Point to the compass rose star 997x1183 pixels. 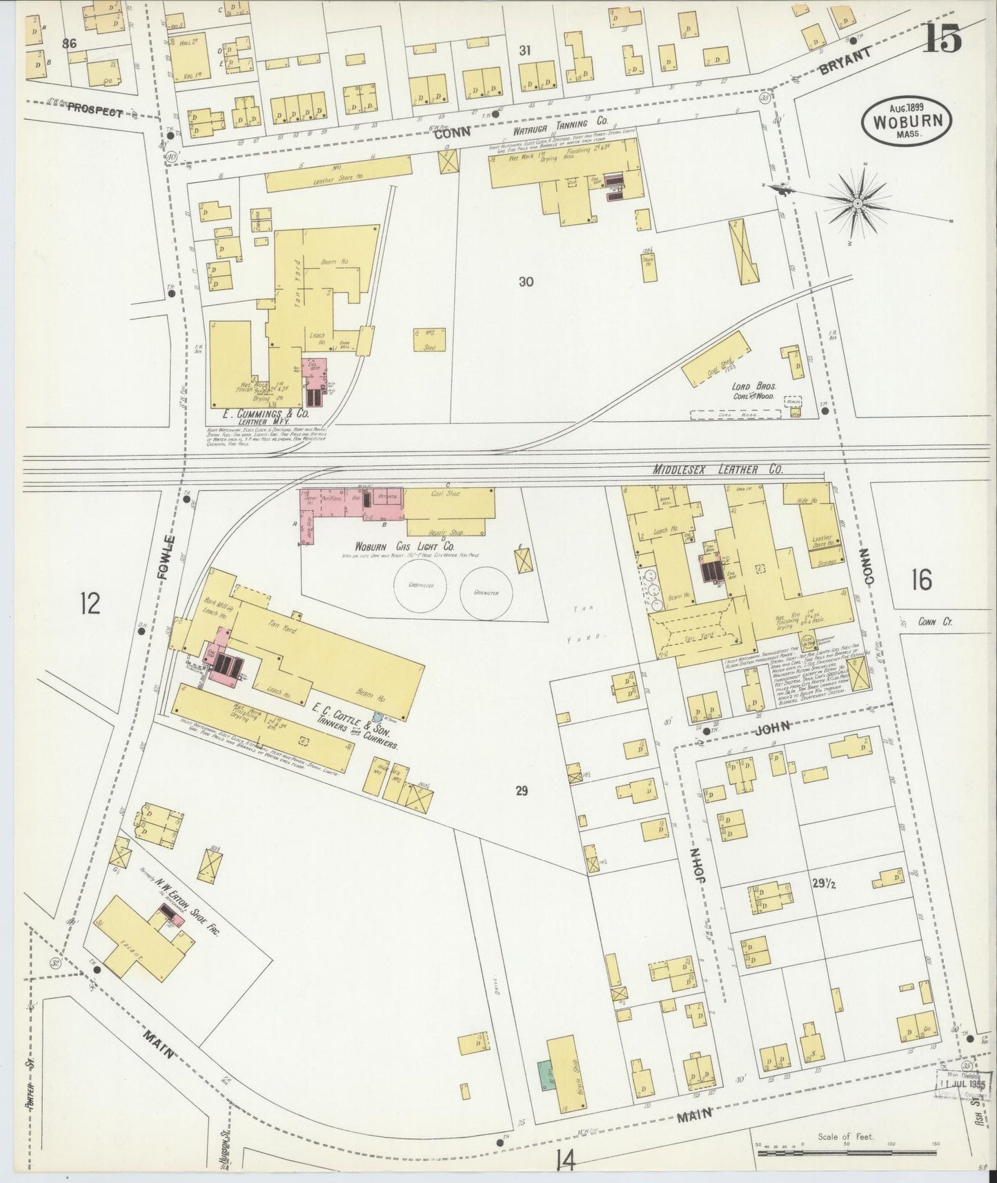pos(857,203)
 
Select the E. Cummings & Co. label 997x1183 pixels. pos(265,414)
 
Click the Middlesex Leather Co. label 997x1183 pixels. pos(718,469)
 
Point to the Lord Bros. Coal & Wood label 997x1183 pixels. pos(753,391)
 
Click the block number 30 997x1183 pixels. pos(526,282)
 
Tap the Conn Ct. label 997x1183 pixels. pos(935,622)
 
